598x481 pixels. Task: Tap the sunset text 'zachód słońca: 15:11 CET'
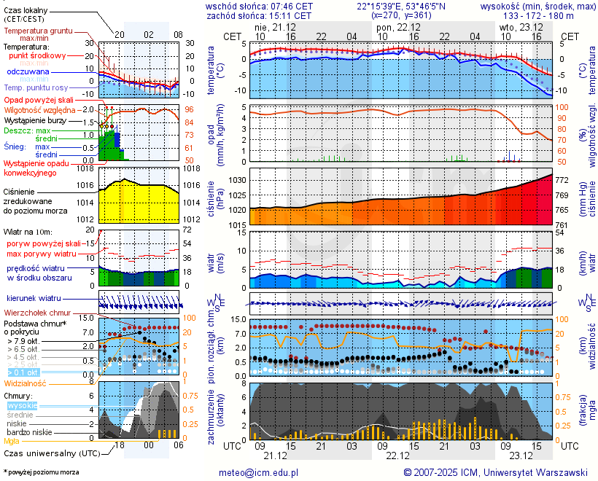pyautogui.click(x=259, y=15)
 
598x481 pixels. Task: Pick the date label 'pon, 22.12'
pyautogui.click(x=397, y=26)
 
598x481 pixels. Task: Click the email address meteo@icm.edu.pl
pyautogui.click(x=259, y=472)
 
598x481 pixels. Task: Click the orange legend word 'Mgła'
pyautogui.click(x=11, y=441)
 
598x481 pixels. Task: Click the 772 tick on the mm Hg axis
pyautogui.click(x=562, y=180)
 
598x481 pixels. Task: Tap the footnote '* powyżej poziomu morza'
pyautogui.click(x=41, y=472)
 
